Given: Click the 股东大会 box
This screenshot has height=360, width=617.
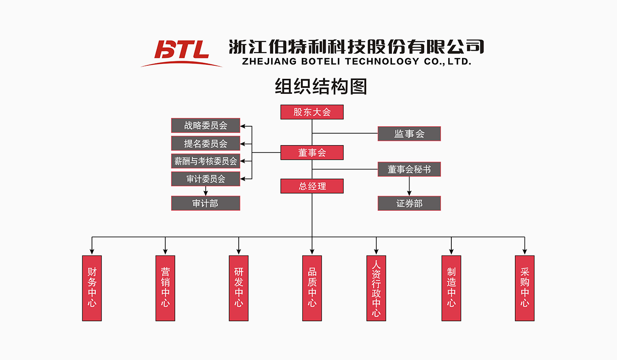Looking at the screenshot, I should [x=312, y=112].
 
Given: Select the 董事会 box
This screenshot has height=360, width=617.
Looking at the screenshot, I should [x=312, y=153].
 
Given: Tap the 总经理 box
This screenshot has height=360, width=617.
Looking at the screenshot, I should [x=312, y=186].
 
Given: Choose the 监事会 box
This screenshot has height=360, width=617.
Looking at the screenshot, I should [x=409, y=134].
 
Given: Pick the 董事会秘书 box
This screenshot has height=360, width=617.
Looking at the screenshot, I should [x=409, y=169].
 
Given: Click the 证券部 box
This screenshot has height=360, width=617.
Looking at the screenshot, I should [x=409, y=203].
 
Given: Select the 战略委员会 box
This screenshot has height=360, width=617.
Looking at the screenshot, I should [x=206, y=125].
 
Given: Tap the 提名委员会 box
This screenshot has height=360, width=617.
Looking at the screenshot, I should [x=206, y=143].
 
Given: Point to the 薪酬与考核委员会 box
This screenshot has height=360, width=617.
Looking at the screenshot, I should [x=206, y=161].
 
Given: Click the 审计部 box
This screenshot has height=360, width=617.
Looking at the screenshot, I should [x=206, y=203].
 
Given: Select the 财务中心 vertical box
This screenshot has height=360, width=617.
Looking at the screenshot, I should [x=92, y=288].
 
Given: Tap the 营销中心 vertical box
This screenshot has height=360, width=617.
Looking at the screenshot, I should [x=165, y=288].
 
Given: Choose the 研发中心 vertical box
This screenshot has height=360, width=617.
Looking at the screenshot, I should [x=238, y=288].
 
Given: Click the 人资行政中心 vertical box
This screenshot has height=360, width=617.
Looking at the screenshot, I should [x=376, y=288].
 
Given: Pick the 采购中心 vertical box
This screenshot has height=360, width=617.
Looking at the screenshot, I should [x=525, y=288].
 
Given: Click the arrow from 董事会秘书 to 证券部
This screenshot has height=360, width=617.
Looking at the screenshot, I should [x=409, y=186].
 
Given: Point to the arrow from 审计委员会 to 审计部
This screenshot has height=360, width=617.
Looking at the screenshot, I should [x=206, y=191].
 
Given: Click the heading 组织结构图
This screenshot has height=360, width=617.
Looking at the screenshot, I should [x=321, y=87].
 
